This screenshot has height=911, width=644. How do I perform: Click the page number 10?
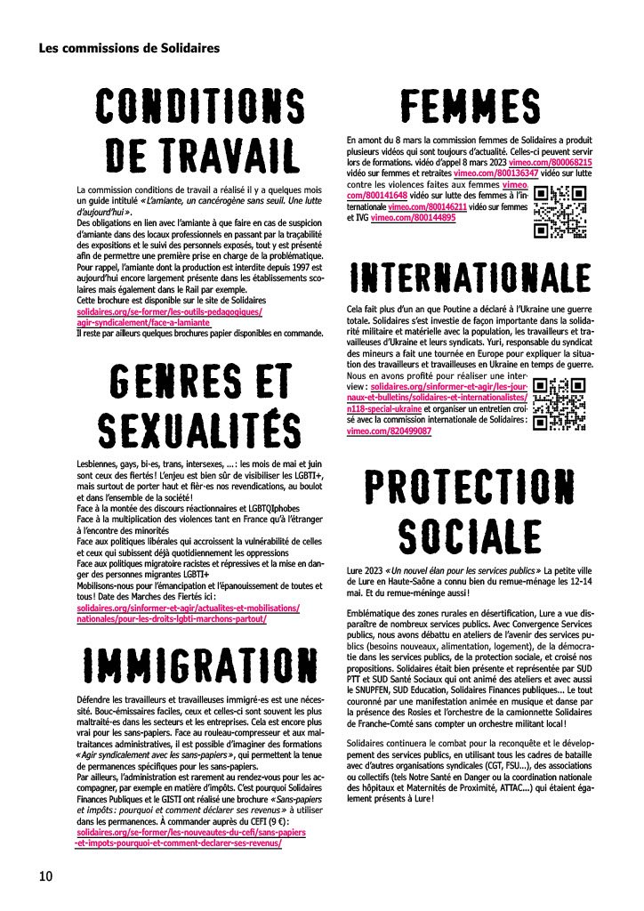click(x=46, y=876)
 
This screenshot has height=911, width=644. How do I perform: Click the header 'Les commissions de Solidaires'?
click(x=129, y=48)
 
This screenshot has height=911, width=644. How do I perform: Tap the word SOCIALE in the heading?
click(x=469, y=537)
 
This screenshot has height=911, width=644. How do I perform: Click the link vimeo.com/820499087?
click(x=389, y=431)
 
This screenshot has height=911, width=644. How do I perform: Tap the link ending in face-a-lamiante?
click(x=138, y=323)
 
